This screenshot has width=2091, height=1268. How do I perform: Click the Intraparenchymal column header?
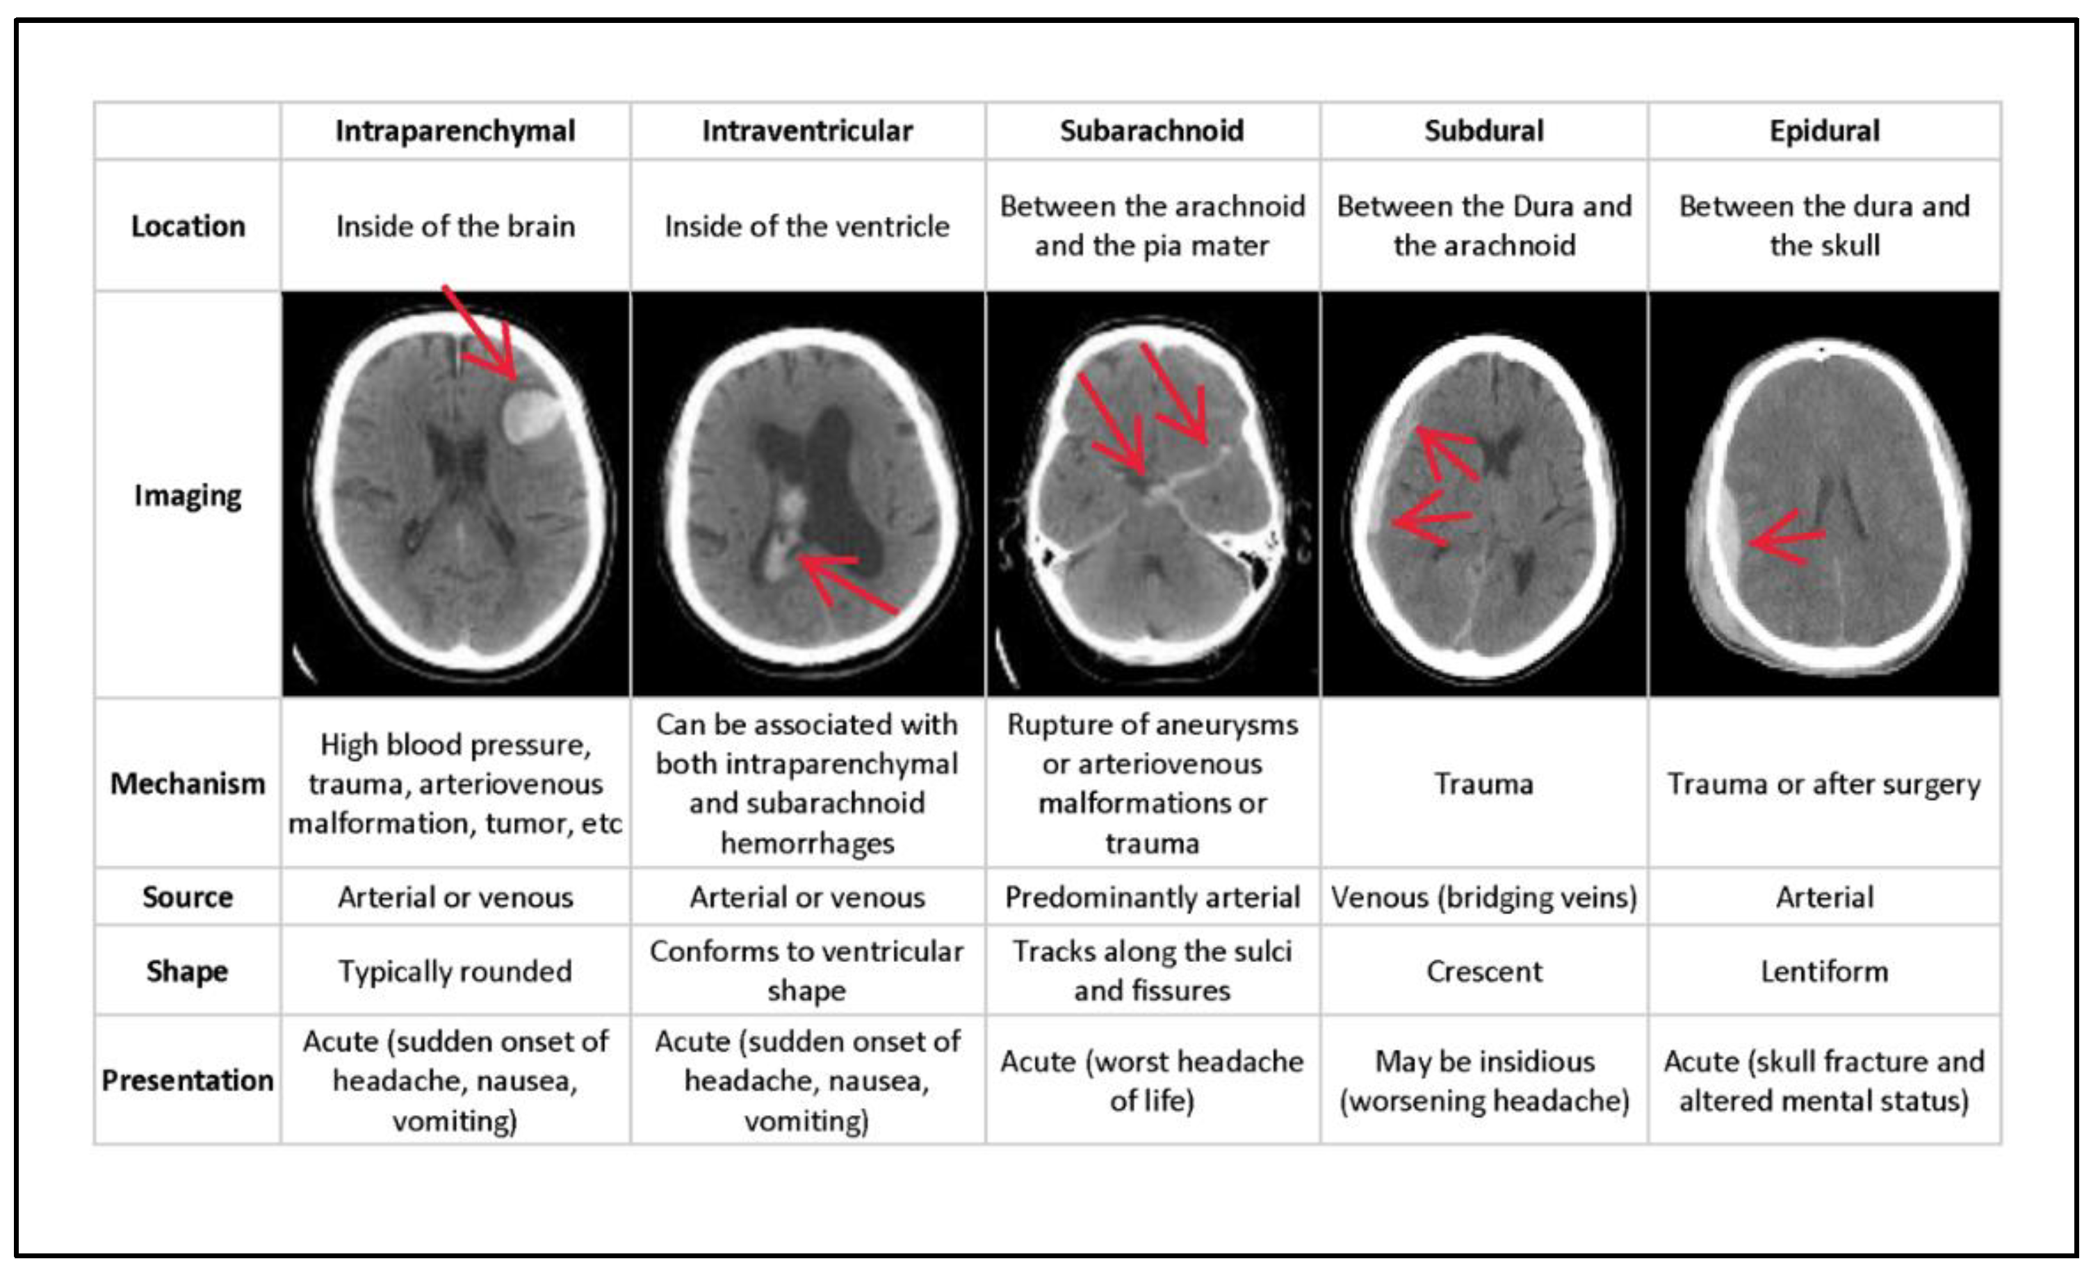tap(455, 131)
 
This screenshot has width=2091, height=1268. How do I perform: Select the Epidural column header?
tap(1823, 131)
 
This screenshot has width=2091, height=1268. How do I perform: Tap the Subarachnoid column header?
tap(1152, 131)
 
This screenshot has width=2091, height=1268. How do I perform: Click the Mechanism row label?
tap(188, 783)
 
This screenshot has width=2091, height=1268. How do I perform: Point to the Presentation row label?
tap(188, 1080)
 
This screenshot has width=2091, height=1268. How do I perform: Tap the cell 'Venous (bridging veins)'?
tap(1483, 897)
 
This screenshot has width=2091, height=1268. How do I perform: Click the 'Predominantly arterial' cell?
tap(1152, 897)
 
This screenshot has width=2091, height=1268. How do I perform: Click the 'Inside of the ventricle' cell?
tap(806, 226)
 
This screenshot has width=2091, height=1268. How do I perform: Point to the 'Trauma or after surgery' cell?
tap(1823, 783)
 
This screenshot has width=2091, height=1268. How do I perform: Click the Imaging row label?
tap(188, 495)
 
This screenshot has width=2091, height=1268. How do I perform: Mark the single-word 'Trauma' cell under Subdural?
tap(1483, 783)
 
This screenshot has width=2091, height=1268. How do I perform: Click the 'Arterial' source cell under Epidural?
tap(1823, 897)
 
